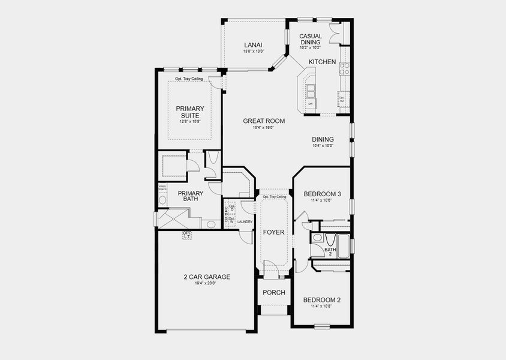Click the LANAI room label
click(251, 45)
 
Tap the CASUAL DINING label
click(311, 40)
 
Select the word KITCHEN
click(322, 62)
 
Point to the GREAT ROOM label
click(263, 121)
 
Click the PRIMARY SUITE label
click(189, 112)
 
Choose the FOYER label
click(274, 232)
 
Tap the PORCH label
click(274, 293)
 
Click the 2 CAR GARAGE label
click(207, 277)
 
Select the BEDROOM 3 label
click(322, 194)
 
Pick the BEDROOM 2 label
click(321, 300)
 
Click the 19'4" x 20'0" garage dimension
click(207, 284)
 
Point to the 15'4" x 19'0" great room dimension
click(263, 128)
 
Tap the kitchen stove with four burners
click(344, 68)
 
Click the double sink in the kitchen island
click(311, 91)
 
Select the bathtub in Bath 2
click(344, 245)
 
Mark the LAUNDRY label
click(244, 221)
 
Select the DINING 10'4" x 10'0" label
click(323, 142)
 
